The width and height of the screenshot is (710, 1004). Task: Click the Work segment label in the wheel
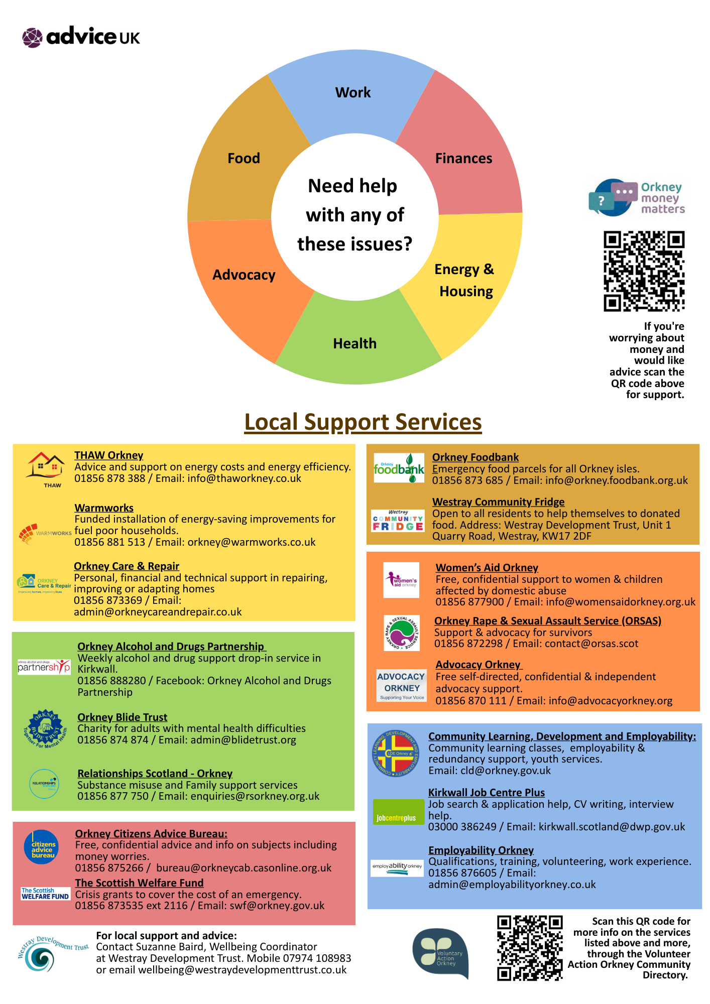pyautogui.click(x=353, y=93)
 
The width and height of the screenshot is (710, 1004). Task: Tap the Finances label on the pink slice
pyautogui.click(x=463, y=159)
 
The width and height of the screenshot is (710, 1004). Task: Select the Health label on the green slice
pyautogui.click(x=354, y=344)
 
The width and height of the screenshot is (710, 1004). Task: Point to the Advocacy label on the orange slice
pyautogui.click(x=244, y=275)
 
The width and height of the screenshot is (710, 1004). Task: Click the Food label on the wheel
pyautogui.click(x=244, y=159)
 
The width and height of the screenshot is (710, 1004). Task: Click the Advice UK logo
pyautogui.click(x=81, y=37)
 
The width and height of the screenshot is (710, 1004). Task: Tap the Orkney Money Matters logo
pyautogui.click(x=637, y=198)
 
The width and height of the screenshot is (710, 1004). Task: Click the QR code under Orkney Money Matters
pyautogui.click(x=644, y=271)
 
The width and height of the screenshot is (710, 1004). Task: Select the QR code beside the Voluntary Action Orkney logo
pyautogui.click(x=530, y=948)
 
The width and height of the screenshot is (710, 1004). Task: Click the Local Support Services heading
pyautogui.click(x=363, y=422)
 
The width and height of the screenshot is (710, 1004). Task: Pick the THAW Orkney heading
pyautogui.click(x=109, y=455)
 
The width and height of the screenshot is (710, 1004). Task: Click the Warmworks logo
pyautogui.click(x=45, y=534)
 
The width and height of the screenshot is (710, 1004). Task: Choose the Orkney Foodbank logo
pyautogui.click(x=399, y=468)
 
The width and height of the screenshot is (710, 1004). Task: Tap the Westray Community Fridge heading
pyautogui.click(x=498, y=502)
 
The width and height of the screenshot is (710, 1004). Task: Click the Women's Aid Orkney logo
pyautogui.click(x=401, y=580)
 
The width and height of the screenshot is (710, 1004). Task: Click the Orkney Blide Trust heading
pyautogui.click(x=122, y=717)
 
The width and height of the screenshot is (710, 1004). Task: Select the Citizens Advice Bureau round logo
pyautogui.click(x=41, y=847)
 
